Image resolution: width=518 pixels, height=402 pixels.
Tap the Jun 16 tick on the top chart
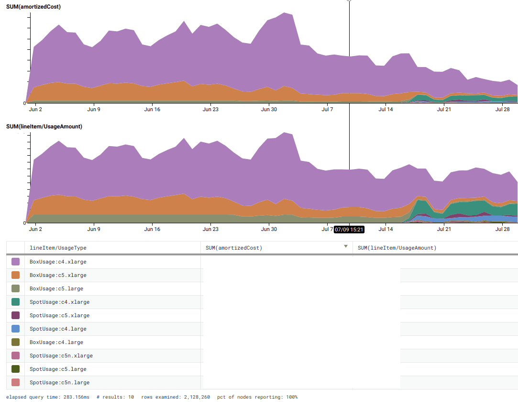152,109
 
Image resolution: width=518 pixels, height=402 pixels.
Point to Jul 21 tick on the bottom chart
444,229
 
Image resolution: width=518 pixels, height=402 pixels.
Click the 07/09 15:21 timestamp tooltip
349,230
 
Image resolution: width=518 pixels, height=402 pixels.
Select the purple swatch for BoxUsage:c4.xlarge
15,262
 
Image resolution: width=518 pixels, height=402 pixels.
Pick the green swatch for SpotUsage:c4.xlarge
15,302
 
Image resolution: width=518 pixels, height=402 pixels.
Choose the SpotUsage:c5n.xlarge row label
61,356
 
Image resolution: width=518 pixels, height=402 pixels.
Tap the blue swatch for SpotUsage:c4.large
15,329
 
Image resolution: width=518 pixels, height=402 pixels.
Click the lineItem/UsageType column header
58,248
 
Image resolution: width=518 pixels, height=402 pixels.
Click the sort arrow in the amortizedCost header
346,247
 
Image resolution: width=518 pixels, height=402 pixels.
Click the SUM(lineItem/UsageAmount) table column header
397,248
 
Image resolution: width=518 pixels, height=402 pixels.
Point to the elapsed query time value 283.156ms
76,397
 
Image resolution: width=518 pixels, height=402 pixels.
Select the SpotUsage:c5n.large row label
59,382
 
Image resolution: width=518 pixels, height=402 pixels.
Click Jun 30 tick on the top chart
269,109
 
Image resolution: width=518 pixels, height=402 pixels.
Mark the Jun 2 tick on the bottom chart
36,229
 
